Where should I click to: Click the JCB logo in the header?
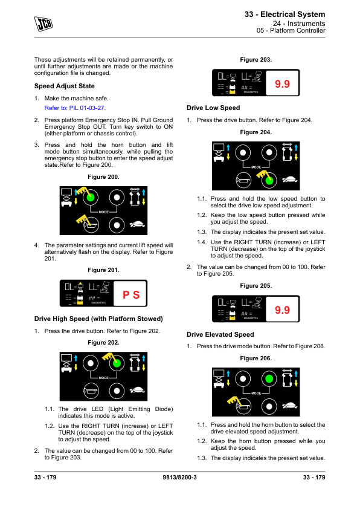coord(43,24)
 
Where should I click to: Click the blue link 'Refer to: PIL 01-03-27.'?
coord(75,108)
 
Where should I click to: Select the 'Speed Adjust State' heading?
coord(65,86)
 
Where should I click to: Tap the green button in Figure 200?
coord(91,197)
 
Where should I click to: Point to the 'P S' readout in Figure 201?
coord(131,295)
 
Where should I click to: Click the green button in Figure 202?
coord(117,363)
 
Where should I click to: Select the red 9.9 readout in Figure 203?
coord(282,84)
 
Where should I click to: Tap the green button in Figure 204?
coord(269,180)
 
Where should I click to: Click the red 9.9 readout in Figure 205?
coord(282,310)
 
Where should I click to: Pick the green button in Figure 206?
coord(269,378)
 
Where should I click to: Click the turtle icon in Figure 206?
coord(289,406)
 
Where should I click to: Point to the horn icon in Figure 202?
coord(91,391)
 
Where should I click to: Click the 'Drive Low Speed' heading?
coord(213,108)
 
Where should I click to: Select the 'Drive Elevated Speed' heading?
coord(220,334)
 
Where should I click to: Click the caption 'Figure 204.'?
coord(256,132)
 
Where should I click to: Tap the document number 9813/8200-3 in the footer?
coord(179,477)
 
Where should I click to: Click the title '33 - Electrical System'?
coord(284,15)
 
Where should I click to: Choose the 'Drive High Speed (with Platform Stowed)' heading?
coord(98,319)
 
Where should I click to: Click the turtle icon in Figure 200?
coord(137,224)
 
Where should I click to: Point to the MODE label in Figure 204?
coord(256,167)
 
